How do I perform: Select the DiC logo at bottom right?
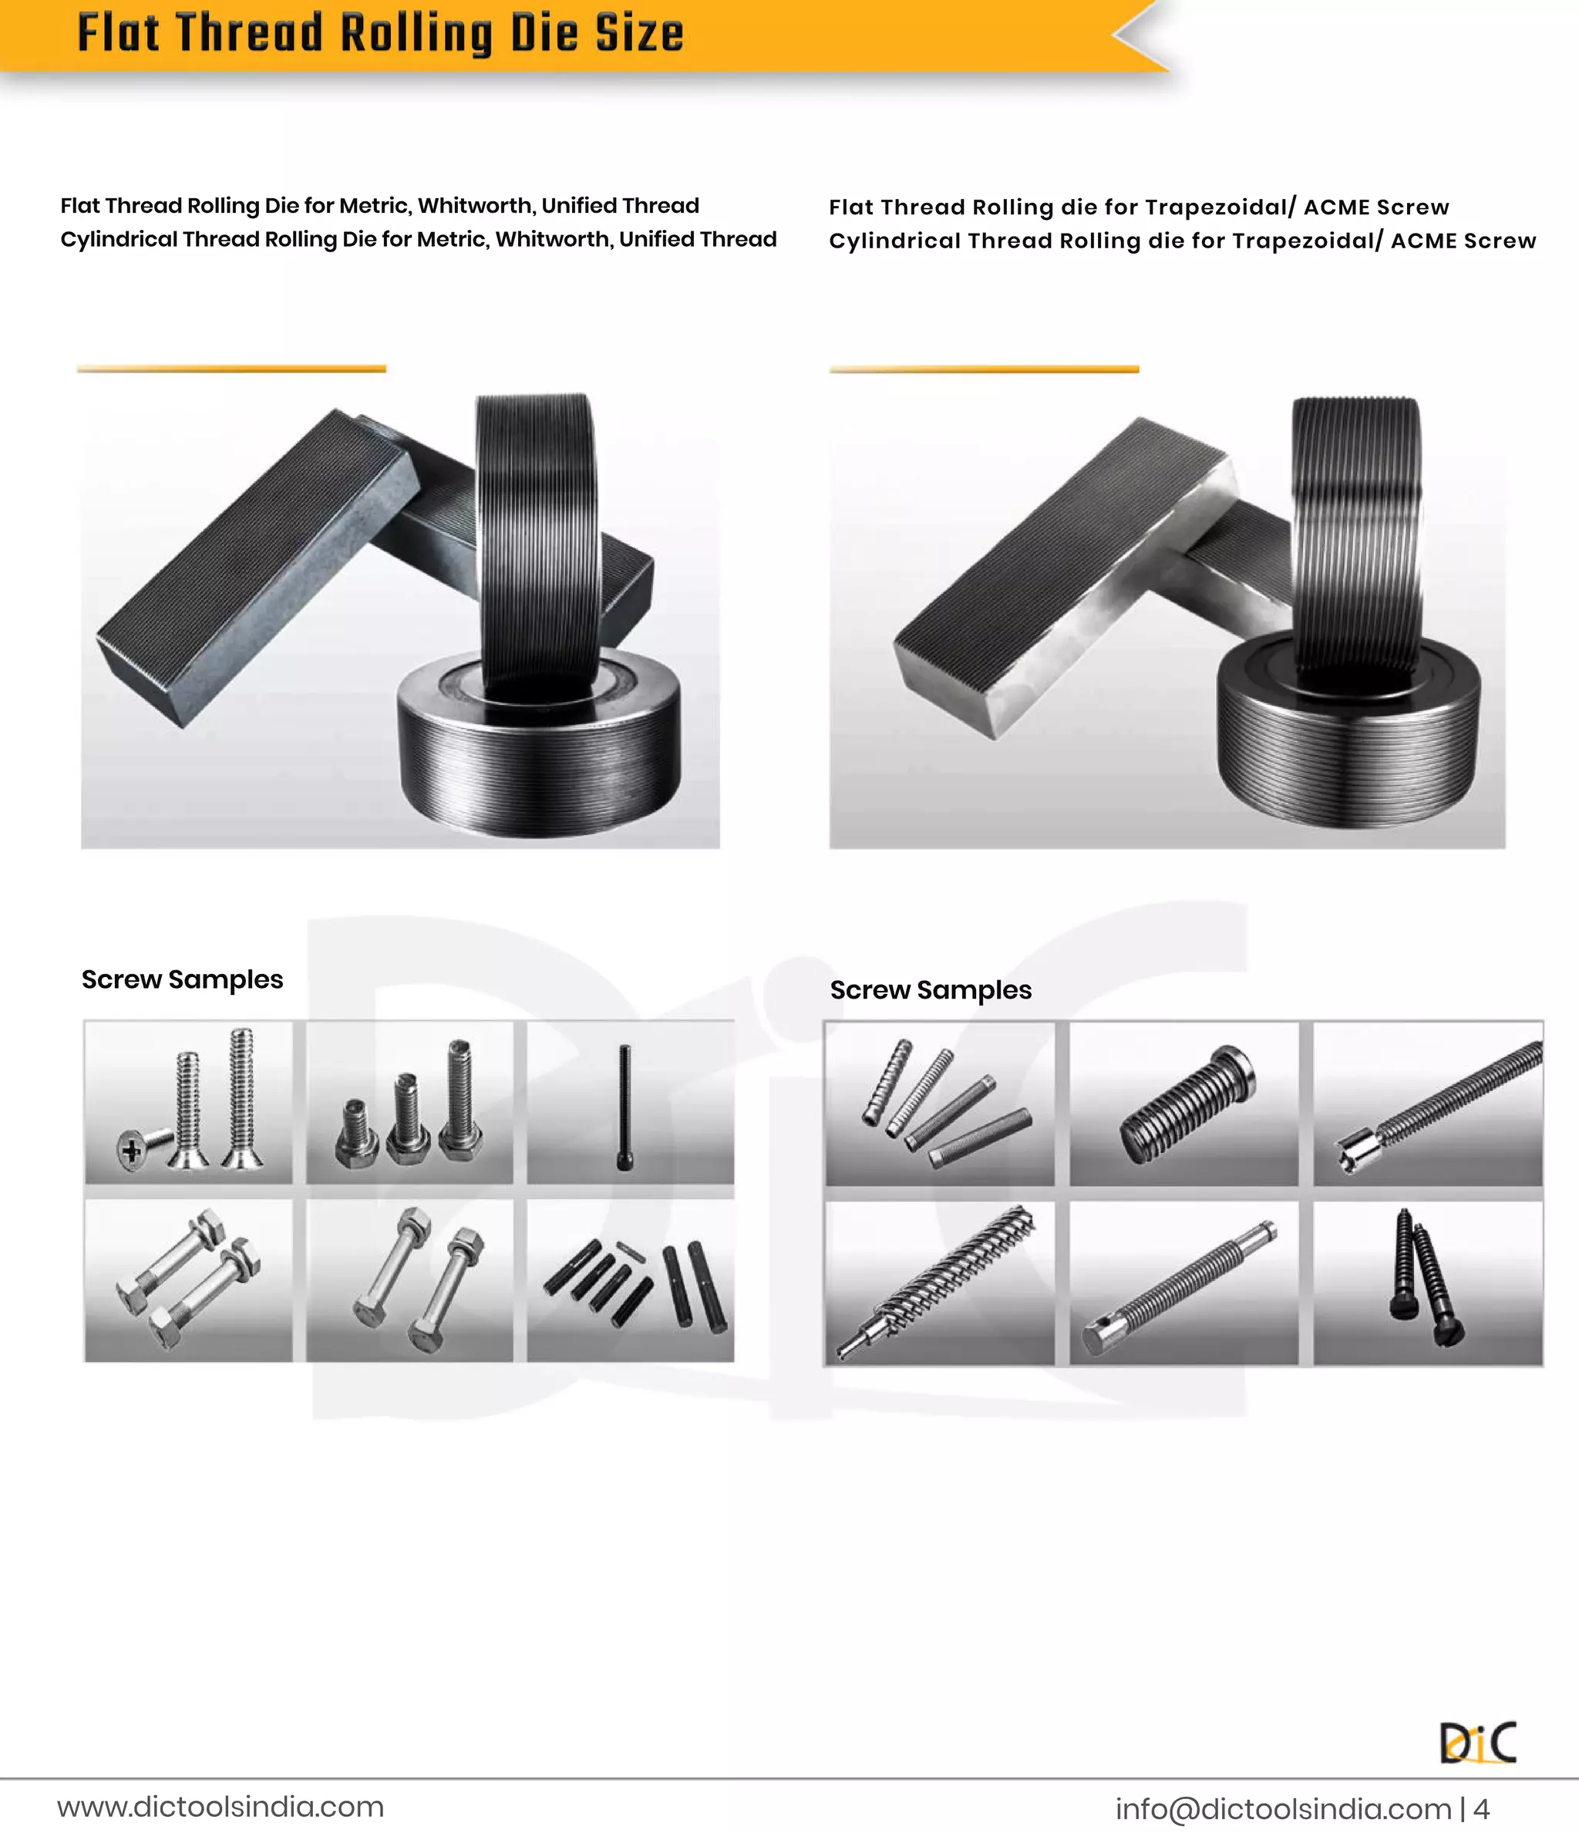(x=1478, y=1742)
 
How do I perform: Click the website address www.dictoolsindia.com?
(x=221, y=1805)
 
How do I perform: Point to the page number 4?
(x=1482, y=1808)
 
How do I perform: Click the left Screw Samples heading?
(x=182, y=980)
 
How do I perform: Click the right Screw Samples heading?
(x=931, y=991)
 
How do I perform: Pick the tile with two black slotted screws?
(x=1428, y=1282)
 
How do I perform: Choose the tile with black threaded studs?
(x=631, y=1280)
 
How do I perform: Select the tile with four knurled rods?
(x=939, y=1104)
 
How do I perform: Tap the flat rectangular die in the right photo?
(x=1062, y=575)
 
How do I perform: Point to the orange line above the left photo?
(x=232, y=369)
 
